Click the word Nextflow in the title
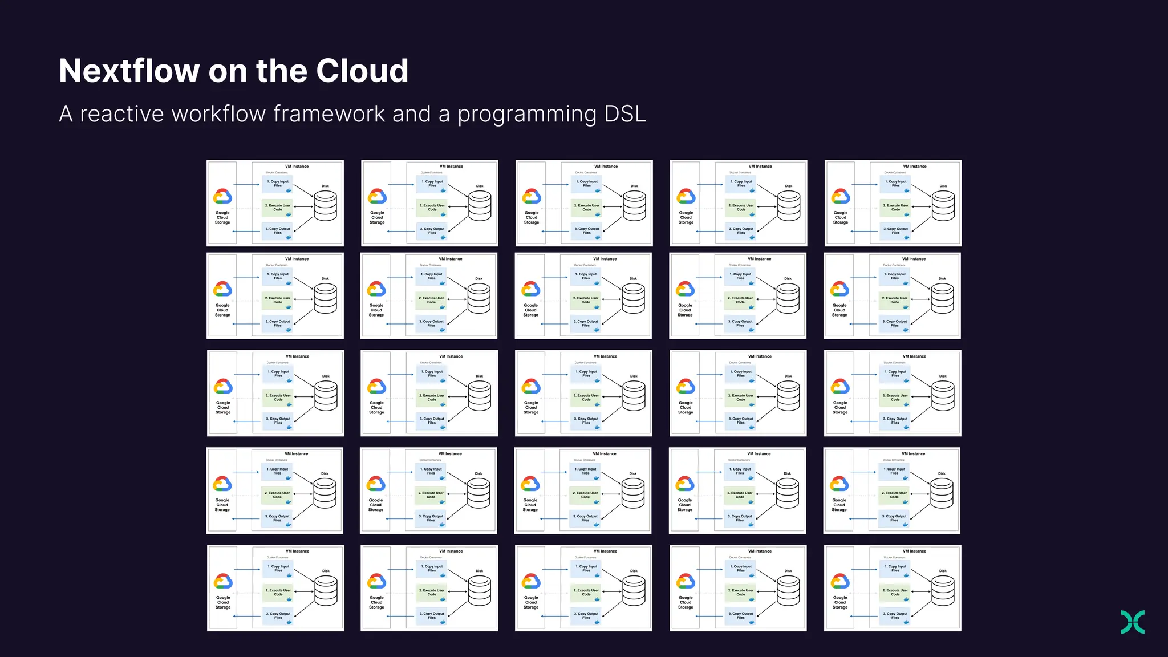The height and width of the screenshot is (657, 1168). (129, 71)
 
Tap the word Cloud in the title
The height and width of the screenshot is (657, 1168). (362, 71)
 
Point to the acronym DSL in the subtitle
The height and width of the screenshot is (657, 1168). (625, 114)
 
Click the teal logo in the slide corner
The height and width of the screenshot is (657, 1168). (1133, 622)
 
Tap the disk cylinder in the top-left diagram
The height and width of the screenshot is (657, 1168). (326, 206)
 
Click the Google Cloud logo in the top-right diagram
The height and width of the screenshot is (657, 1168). (841, 197)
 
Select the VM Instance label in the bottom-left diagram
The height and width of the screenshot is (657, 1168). (298, 551)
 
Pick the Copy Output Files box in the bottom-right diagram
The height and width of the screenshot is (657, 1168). (895, 616)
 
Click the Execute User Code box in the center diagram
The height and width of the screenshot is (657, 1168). (586, 398)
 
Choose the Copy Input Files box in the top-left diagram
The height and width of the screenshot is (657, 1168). (278, 184)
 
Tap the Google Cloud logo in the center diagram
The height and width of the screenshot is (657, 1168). (531, 387)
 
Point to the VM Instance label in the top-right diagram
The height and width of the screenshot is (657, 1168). (915, 167)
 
